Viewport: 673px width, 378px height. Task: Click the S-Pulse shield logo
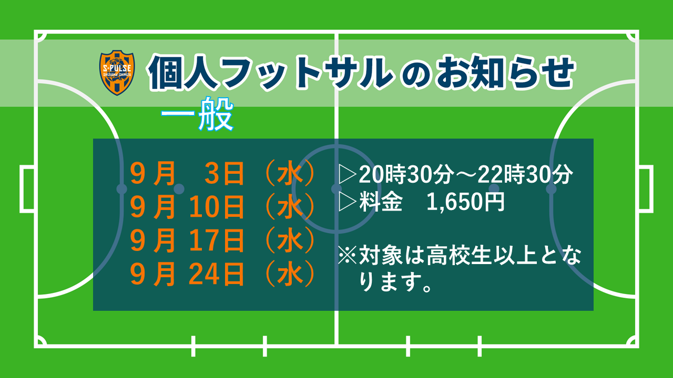[x=117, y=72]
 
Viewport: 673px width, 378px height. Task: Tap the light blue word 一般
[x=197, y=114]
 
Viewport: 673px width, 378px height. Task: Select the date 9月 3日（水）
[x=222, y=173]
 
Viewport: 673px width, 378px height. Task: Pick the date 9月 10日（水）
[x=222, y=207]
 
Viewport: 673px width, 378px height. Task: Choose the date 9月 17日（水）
[x=222, y=240]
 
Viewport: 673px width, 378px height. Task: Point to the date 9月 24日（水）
[x=222, y=274]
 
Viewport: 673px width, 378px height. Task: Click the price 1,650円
[x=465, y=202]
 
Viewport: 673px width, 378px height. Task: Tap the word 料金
[x=381, y=202]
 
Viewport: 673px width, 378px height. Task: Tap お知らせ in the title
[x=505, y=72]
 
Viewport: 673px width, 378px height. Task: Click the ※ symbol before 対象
[x=347, y=255]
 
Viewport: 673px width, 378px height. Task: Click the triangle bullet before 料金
[x=348, y=202]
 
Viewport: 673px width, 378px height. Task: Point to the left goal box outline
[x=22, y=188]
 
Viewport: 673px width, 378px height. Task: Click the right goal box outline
[x=651, y=188]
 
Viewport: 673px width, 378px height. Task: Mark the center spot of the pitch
[x=336, y=188]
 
